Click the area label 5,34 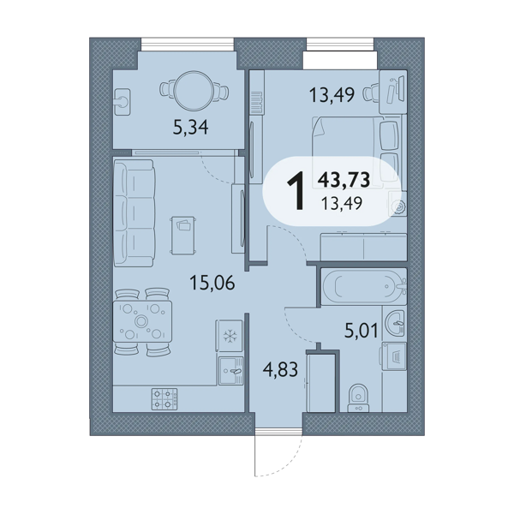(190, 128)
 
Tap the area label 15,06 (212, 283)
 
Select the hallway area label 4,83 (280, 369)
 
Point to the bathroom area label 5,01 (362, 330)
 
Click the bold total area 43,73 (344, 180)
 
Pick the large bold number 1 (296, 191)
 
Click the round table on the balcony (194, 91)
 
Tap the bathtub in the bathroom (364, 287)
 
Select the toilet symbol (358, 398)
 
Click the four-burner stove (164, 399)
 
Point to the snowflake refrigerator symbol (230, 336)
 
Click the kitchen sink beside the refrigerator (231, 371)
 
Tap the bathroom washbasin (395, 323)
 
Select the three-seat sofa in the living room (134, 213)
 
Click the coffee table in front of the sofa (183, 235)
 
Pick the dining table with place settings (142, 321)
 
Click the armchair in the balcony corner (123, 102)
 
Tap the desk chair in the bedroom (371, 93)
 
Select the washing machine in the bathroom (394, 356)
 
